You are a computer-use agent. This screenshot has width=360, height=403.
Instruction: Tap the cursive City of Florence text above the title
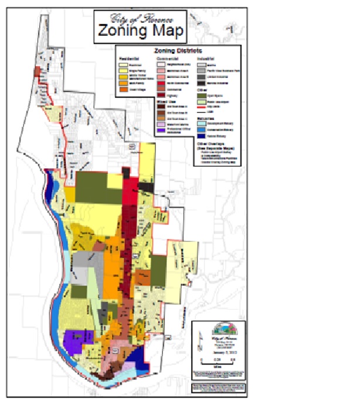[139, 17]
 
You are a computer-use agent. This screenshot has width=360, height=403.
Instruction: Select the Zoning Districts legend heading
[178, 51]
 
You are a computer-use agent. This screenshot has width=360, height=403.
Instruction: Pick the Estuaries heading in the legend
[205, 117]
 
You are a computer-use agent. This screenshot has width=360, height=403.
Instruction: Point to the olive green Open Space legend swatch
[201, 94]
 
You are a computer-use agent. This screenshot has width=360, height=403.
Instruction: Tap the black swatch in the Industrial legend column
[201, 83]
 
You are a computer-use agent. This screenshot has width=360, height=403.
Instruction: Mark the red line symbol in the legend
[201, 107]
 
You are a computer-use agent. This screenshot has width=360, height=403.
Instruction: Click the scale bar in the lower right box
[218, 357]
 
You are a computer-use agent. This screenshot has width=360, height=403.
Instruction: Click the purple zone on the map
[76, 339]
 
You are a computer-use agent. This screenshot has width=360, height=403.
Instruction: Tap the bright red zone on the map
[130, 187]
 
